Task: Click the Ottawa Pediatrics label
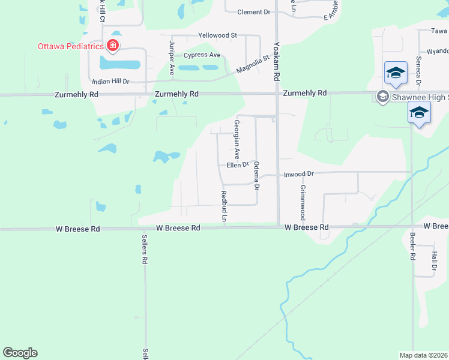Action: (70, 46)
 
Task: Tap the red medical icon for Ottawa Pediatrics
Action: (112, 45)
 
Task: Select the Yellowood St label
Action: (217, 35)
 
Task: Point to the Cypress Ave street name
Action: (202, 55)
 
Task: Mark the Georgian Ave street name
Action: (237, 139)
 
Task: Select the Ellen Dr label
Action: (238, 165)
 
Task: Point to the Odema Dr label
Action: (256, 176)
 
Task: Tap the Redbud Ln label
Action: (223, 208)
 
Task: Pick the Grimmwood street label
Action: (303, 202)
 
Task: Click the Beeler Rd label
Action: (412, 246)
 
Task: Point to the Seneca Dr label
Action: (418, 74)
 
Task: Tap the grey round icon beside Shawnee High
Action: (381, 96)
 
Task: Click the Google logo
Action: (20, 353)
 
